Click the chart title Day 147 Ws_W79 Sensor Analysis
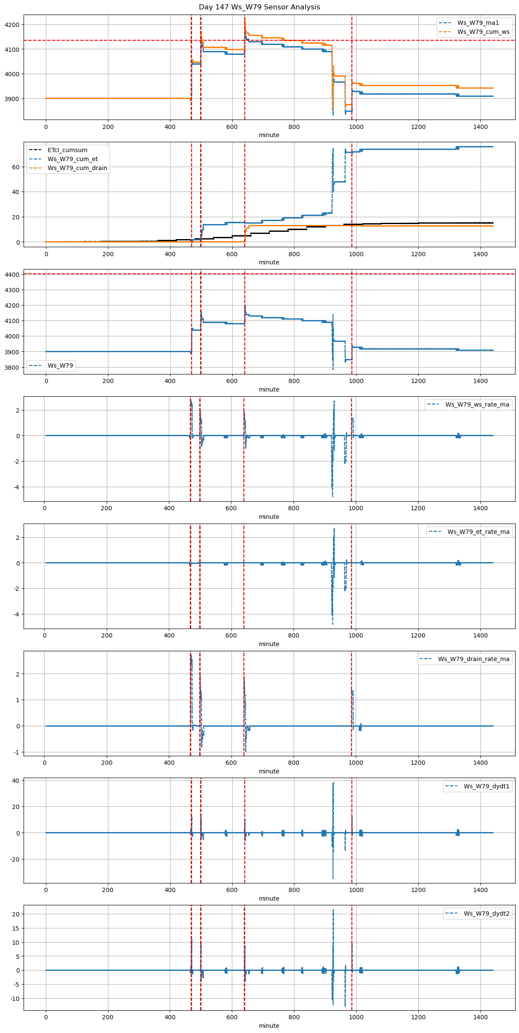coord(259,7)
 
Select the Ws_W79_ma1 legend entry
coord(478,23)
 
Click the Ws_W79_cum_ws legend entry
coord(483,32)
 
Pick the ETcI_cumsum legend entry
coord(67,150)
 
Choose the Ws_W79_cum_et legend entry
coord(72,159)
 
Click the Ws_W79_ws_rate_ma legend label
coord(477,404)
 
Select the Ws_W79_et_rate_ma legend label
coord(478,532)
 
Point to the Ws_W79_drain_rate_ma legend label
coord(474,659)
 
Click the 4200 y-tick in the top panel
coord(12,25)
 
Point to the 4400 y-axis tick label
coord(12,275)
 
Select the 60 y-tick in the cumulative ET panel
coord(16,167)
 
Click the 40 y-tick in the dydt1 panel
coord(16,781)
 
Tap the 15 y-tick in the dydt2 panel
coord(16,928)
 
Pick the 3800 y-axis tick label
coord(12,368)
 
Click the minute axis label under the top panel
coord(269,135)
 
